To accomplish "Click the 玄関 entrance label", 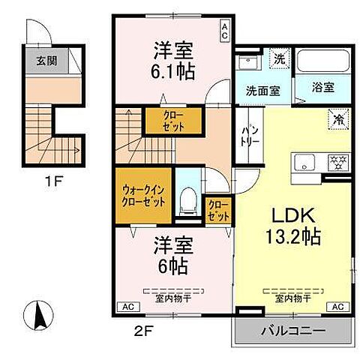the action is point(46,61).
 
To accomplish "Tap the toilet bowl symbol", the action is point(189,202).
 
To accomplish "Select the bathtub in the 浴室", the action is point(323,61).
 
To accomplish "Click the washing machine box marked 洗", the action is point(280,58).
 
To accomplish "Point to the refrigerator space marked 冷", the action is point(338,119).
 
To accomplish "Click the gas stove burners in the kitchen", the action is point(339,163).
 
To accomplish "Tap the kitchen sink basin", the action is point(304,163).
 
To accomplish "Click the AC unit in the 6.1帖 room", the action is point(224,31).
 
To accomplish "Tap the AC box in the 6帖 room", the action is point(129,307).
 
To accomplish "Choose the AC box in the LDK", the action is point(338,307).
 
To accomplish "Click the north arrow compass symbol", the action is point(38,315).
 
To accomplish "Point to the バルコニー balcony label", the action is point(293,331).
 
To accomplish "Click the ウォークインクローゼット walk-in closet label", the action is point(143,196).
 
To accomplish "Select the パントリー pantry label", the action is point(250,136).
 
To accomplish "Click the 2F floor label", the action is point(143,331).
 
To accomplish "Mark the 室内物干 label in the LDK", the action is point(293,298).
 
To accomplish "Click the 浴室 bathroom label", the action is point(323,88).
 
